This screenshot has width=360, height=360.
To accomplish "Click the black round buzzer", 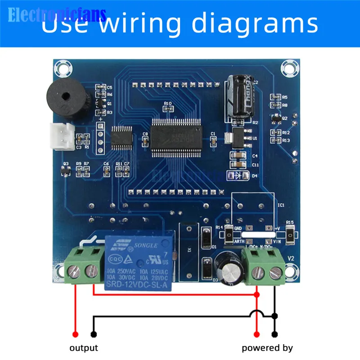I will (x=66, y=96).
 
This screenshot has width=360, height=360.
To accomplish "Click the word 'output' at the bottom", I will (x=84, y=348).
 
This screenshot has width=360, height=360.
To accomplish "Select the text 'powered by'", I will (x=267, y=348).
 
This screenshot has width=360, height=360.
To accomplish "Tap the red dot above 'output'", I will (x=76, y=334).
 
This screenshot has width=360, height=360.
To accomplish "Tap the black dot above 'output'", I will (x=93, y=334).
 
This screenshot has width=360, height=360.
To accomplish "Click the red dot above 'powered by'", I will (x=257, y=334).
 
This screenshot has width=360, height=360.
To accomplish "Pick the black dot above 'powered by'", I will (x=274, y=334).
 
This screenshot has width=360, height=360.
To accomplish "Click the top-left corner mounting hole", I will (x=62, y=68).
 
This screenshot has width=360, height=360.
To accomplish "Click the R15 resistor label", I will (x=290, y=222).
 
